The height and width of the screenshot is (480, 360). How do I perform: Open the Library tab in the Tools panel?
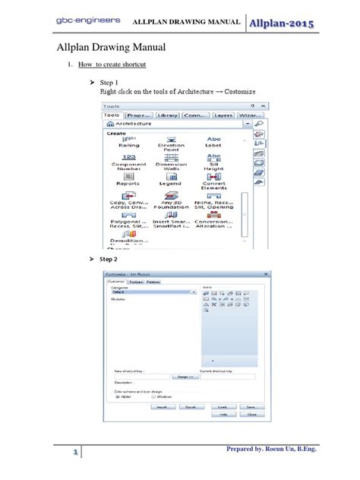coord(168,115)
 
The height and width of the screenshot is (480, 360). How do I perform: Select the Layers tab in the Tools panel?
coord(223,115)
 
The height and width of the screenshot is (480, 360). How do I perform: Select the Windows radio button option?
coord(155,396)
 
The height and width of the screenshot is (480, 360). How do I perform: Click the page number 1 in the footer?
coord(76,453)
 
